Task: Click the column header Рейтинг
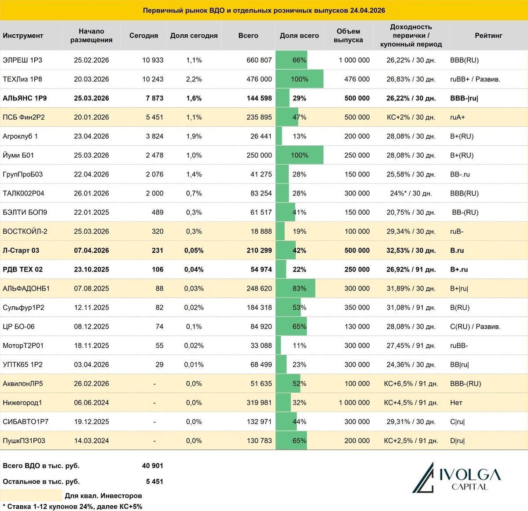point(488,36)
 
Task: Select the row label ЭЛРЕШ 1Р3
point(22,60)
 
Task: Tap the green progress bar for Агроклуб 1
point(279,136)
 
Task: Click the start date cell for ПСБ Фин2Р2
point(91,118)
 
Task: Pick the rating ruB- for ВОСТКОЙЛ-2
point(457,232)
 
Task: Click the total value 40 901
point(152,466)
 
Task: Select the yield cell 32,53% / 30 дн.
point(411,250)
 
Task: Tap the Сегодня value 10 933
point(152,60)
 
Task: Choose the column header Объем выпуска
point(348,36)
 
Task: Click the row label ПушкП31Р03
point(24,441)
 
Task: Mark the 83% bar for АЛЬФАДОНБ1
point(295,289)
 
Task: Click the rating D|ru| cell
point(457,441)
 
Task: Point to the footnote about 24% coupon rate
point(72,507)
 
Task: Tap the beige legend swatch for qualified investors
point(31,495)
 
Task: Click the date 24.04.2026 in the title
point(367,10)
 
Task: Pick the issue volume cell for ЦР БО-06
point(357,327)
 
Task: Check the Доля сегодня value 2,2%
point(194,79)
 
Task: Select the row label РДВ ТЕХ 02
point(23,269)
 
